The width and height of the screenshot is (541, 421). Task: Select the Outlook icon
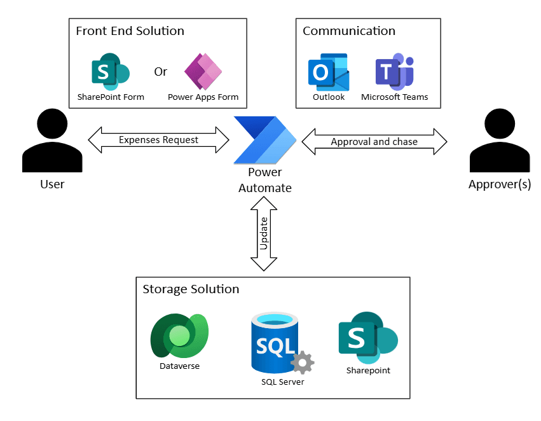[x=329, y=72]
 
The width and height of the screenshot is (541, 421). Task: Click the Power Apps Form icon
[x=203, y=71]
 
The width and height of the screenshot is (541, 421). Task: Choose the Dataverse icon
[x=180, y=336]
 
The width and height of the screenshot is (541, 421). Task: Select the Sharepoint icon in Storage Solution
[x=367, y=338]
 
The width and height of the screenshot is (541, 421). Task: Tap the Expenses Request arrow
[x=158, y=140]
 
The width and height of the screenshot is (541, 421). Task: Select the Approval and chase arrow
[x=374, y=141]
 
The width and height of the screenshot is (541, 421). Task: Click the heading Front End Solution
[x=130, y=31]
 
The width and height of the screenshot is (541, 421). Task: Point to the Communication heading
[x=348, y=31]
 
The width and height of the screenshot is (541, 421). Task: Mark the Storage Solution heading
[x=191, y=289]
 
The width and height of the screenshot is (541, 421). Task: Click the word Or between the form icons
[x=160, y=71]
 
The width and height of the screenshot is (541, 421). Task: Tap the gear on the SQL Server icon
[x=302, y=362]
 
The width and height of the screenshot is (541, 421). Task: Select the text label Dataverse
[x=180, y=366]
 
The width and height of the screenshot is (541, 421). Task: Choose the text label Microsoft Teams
[x=394, y=97]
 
